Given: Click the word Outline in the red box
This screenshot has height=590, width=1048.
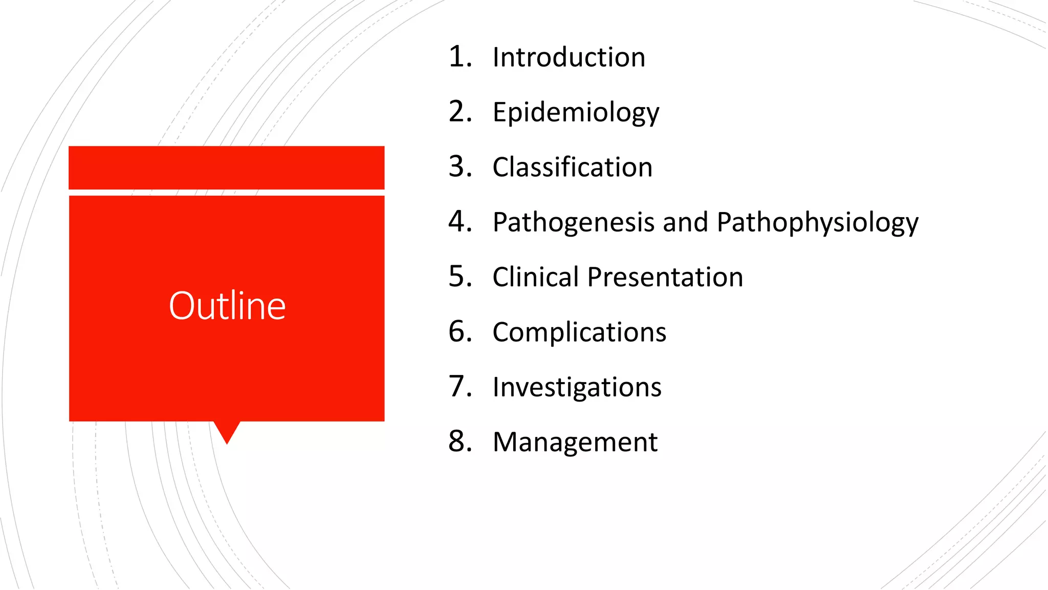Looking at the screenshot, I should click(227, 306).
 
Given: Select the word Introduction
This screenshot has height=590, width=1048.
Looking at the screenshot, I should click(569, 57).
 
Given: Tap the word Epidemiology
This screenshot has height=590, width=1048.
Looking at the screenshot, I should click(576, 112).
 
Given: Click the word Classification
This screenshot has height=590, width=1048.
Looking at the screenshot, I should click(572, 167).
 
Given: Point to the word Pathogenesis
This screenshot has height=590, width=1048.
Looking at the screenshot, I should click(573, 222).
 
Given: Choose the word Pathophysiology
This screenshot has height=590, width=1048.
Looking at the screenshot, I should click(817, 222).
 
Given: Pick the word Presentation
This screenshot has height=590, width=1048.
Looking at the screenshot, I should click(665, 277).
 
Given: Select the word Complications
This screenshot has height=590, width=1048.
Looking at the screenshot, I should click(579, 332).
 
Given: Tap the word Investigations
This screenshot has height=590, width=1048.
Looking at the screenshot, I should click(577, 387).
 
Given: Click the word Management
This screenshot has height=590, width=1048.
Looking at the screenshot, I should click(575, 442).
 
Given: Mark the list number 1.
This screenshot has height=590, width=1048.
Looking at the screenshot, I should click(459, 56).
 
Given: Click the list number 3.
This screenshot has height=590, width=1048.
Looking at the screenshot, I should click(459, 166).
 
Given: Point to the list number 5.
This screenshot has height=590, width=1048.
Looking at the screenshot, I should click(459, 277).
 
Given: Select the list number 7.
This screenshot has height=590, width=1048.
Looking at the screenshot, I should click(459, 387).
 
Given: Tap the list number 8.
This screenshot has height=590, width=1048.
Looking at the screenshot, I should click(459, 441).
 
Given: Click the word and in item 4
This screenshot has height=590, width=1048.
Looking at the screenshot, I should click(686, 222).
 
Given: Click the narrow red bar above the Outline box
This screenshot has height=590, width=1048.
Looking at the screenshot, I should click(226, 167).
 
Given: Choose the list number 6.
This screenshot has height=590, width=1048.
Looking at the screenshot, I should click(459, 331).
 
